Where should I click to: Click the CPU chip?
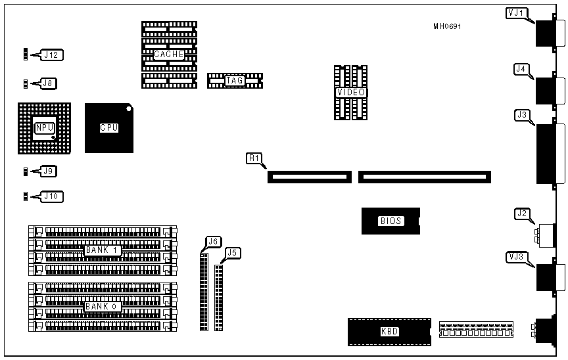109,128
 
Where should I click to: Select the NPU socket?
45,127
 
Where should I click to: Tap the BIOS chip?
390,221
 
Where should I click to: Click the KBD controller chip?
389,332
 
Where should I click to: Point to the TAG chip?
235,81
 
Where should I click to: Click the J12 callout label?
53,55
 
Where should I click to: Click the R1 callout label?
254,158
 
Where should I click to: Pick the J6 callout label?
212,241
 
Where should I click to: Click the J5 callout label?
231,252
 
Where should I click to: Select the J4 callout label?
521,68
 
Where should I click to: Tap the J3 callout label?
523,115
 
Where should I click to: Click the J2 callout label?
523,213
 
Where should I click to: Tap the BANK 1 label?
100,250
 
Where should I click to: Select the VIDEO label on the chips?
351,93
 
